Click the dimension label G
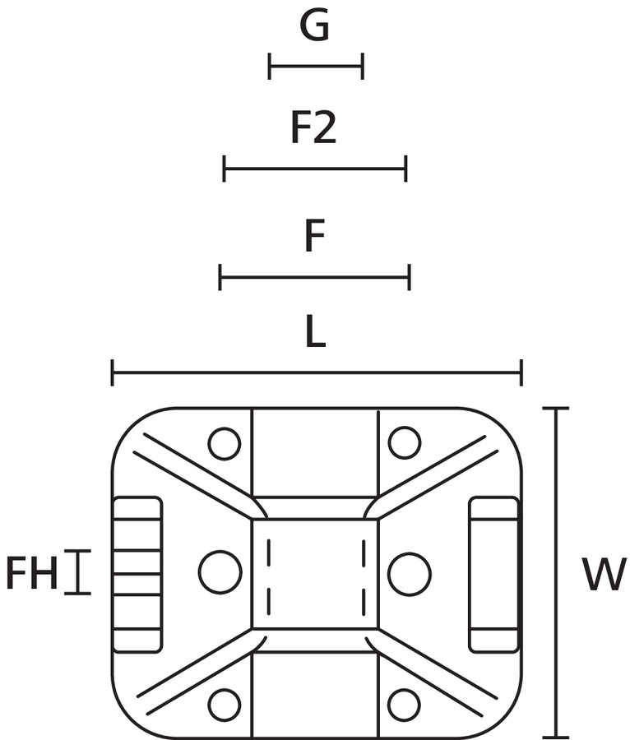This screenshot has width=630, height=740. pyautogui.click(x=315, y=27)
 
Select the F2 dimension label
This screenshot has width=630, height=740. pyautogui.click(x=314, y=129)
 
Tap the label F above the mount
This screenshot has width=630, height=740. pyautogui.click(x=314, y=238)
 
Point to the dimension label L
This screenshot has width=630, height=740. pyautogui.click(x=315, y=333)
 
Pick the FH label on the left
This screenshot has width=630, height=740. pyautogui.click(x=32, y=574)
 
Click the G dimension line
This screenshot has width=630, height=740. pyautogui.click(x=316, y=65)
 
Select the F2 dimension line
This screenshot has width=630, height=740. pyautogui.click(x=315, y=169)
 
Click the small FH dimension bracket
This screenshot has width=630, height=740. pyautogui.click(x=78, y=572)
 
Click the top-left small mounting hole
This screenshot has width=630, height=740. pyautogui.click(x=224, y=444)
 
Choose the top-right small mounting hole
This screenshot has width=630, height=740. pyautogui.click(x=404, y=442)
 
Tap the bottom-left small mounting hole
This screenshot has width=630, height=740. pyautogui.click(x=224, y=704)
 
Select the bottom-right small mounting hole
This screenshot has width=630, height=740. pyautogui.click(x=404, y=704)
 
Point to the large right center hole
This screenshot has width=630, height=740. pyautogui.click(x=409, y=573)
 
